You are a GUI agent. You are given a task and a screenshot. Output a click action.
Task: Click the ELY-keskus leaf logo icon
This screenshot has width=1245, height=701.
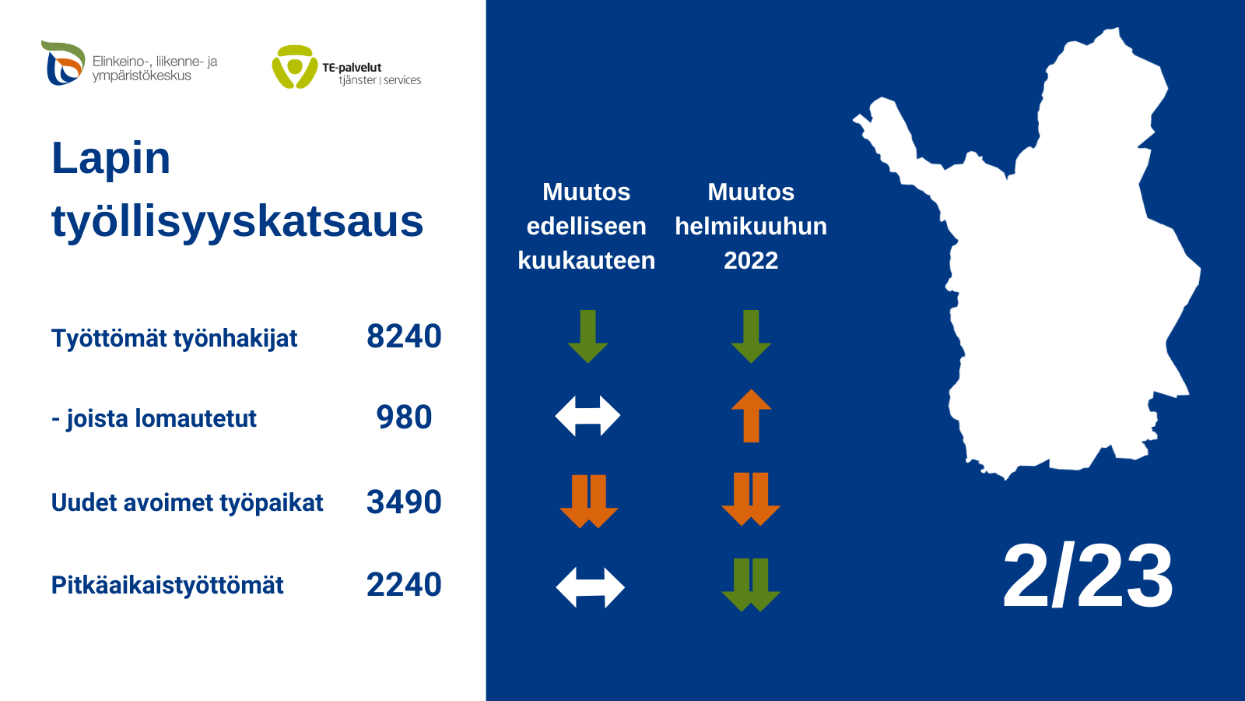coord(63,63)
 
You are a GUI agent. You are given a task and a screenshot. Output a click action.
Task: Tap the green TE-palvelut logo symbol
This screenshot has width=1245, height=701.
coord(295,67)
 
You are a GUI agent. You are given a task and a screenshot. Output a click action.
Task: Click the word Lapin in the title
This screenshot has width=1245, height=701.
coord(110,159)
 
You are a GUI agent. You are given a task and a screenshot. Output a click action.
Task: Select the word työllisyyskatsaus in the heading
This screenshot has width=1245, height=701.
coord(237,221)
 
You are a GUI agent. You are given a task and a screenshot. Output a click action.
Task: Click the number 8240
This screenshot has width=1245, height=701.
coord(404,336)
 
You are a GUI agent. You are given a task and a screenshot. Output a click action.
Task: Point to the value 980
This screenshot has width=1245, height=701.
coord(404,417)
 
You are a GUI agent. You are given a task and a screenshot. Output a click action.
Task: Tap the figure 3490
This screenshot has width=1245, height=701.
coord(404,502)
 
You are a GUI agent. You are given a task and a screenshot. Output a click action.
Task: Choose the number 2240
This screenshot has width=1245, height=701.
coord(404,585)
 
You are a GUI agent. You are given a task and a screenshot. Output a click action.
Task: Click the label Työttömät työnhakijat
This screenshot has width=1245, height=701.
coord(174,338)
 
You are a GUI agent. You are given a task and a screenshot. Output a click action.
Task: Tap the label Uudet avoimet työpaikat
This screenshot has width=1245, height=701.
coord(187,503)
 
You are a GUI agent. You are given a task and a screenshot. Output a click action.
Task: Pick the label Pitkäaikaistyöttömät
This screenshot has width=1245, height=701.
coord(167,585)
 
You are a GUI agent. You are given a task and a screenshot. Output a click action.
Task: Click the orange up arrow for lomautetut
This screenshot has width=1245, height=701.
coord(751,416)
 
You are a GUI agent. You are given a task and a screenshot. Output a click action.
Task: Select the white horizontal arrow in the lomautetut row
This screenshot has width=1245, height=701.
coord(587,416)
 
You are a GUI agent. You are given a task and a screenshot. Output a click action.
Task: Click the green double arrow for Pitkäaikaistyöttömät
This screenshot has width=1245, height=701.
coord(751,585)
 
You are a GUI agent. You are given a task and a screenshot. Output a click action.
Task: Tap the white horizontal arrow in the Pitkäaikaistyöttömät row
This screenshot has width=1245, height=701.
coord(590,587)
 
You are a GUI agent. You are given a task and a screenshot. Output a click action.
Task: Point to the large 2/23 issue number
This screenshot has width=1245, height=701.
coord(1088,576)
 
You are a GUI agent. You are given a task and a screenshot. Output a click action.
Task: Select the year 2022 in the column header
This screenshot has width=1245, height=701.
coord(751,260)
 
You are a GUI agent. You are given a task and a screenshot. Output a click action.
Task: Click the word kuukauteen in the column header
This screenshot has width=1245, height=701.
coord(587,260)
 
